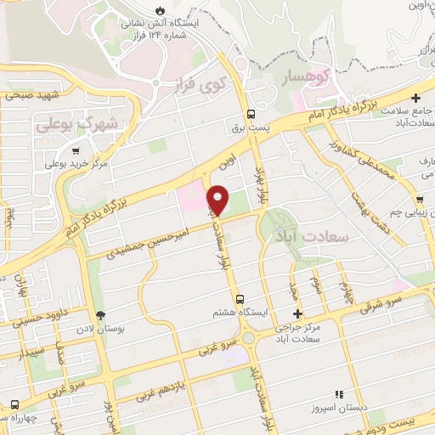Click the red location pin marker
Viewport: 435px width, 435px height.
click(x=218, y=201)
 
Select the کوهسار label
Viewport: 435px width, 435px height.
click(x=309, y=76)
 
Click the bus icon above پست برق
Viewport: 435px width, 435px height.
click(x=251, y=115)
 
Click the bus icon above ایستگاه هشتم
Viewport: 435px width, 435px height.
click(x=241, y=299)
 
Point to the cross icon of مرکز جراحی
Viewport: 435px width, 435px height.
click(x=297, y=315)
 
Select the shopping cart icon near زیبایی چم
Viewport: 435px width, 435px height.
click(x=421, y=200)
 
